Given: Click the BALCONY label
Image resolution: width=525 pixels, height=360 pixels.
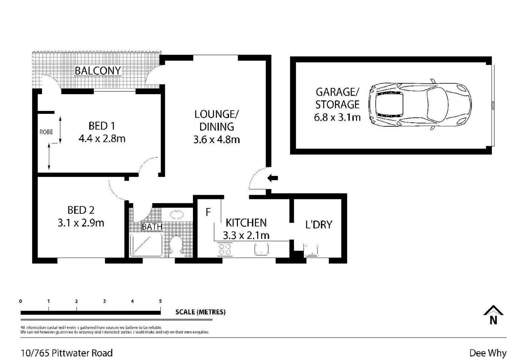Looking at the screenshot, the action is [x=98, y=71].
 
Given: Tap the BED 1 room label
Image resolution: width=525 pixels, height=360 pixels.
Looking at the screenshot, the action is [x=102, y=126].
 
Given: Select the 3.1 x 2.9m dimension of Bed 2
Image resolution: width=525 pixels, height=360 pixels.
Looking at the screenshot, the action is [x=81, y=223].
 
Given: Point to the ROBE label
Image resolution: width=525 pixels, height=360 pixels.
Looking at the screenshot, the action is [x=46, y=132].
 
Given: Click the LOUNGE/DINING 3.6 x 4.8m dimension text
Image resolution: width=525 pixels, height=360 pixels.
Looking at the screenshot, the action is [x=216, y=140].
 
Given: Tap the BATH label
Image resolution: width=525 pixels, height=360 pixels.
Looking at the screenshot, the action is [x=152, y=227].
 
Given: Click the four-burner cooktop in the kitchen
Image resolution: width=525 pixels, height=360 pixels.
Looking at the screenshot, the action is [x=225, y=249].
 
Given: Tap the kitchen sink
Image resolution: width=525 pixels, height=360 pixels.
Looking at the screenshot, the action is [x=261, y=249].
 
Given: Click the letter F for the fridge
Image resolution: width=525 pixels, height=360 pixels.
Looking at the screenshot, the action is [x=208, y=212].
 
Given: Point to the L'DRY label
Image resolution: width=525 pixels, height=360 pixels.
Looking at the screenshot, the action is [x=318, y=225].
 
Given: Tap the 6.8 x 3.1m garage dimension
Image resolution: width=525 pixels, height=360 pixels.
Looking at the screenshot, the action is [x=337, y=117].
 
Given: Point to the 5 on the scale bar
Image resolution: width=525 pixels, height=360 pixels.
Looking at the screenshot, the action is [x=160, y=301].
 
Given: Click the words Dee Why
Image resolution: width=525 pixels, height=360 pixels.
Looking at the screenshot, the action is [x=488, y=353].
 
